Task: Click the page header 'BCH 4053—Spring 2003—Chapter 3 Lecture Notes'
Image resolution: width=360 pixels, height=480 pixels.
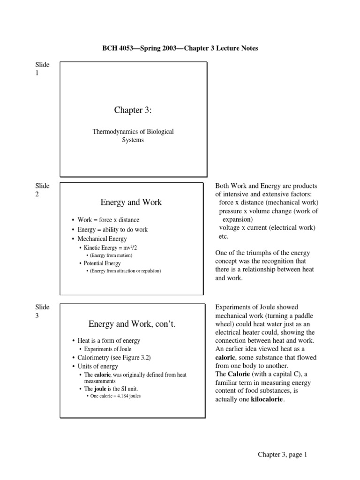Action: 180,48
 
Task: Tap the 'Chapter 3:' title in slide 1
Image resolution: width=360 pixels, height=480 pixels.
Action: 133,110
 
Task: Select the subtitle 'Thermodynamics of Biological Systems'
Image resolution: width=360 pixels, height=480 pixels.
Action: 133,135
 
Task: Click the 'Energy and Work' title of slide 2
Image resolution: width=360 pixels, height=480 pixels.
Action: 131,202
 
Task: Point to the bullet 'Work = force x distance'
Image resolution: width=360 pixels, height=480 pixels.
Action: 108,220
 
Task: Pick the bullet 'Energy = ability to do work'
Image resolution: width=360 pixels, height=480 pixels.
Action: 112,229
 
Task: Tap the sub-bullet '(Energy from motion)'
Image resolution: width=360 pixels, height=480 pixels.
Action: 111,255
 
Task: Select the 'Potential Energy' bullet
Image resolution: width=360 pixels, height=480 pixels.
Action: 102,263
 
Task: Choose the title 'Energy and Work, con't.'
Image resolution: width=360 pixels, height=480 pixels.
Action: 132,324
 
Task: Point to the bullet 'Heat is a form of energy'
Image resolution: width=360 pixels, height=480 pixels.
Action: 109,341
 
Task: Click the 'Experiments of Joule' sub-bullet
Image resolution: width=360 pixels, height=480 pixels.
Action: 107,349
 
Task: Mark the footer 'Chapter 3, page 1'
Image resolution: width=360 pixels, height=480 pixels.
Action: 282,454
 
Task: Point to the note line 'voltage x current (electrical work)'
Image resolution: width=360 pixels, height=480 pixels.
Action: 267,228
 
